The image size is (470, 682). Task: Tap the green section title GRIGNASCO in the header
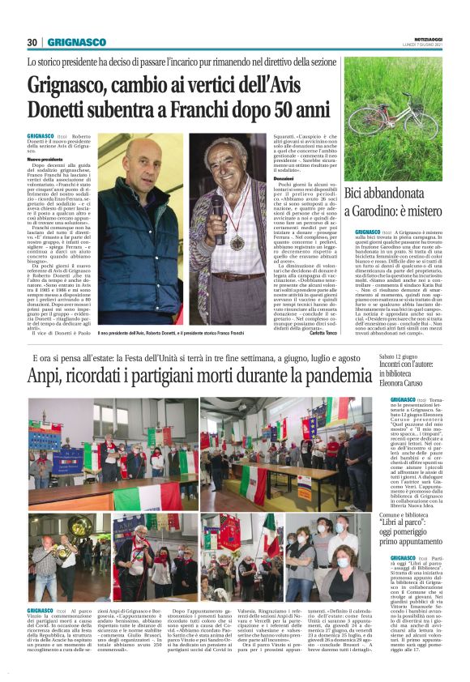[x=76, y=42]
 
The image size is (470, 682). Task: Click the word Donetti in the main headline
[x=65, y=109]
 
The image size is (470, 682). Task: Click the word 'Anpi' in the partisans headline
[x=47, y=377]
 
